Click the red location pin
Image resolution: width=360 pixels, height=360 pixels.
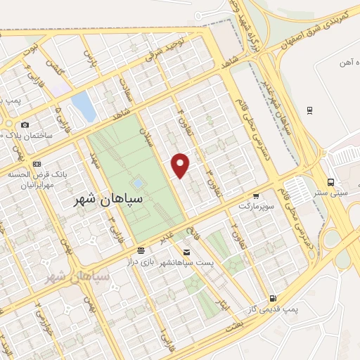pyautogui.click(x=181, y=165)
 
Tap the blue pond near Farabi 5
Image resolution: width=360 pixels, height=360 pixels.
pyautogui.click(x=83, y=105)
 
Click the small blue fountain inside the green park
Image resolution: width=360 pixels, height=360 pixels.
pyautogui.click(x=138, y=184)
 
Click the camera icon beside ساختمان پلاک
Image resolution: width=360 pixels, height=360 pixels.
pyautogui.click(x=25, y=124)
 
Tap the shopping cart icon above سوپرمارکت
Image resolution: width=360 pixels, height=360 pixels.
pyautogui.click(x=256, y=196)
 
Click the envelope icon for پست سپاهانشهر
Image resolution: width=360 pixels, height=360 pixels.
pyautogui.click(x=186, y=252)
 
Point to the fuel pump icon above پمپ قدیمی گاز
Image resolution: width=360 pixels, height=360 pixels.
pyautogui.click(x=273, y=298)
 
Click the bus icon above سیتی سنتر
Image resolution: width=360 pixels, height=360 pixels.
pyautogui.click(x=330, y=181)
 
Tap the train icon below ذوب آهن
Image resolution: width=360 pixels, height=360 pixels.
pyautogui.click(x=309, y=110)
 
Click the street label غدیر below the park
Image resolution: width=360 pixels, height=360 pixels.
pyautogui.click(x=168, y=236)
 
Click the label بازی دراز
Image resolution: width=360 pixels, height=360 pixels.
pyautogui.click(x=157, y=262)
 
